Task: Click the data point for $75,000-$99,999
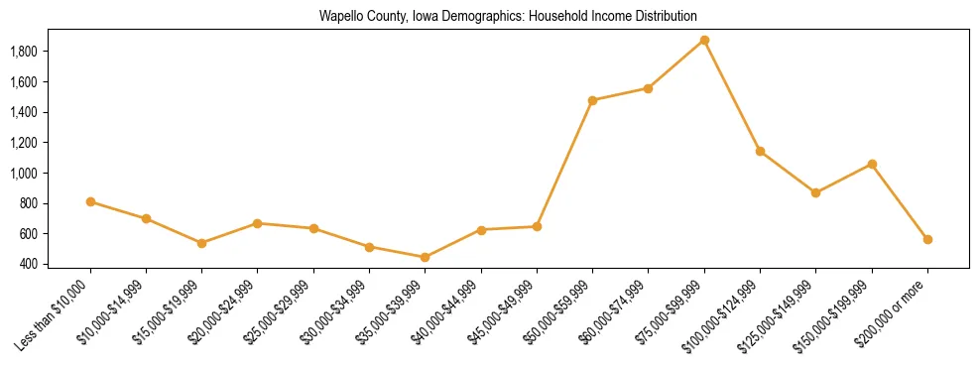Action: (704, 41)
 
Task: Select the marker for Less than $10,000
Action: (90, 202)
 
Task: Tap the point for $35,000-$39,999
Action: (426, 258)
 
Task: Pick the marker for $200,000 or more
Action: (927, 240)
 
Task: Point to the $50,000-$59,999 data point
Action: (592, 100)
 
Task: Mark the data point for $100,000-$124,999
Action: (760, 152)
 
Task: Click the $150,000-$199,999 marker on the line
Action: (872, 164)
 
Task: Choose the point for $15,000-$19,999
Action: (201, 243)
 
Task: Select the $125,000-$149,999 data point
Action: (815, 192)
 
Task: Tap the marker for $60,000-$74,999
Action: (648, 88)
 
